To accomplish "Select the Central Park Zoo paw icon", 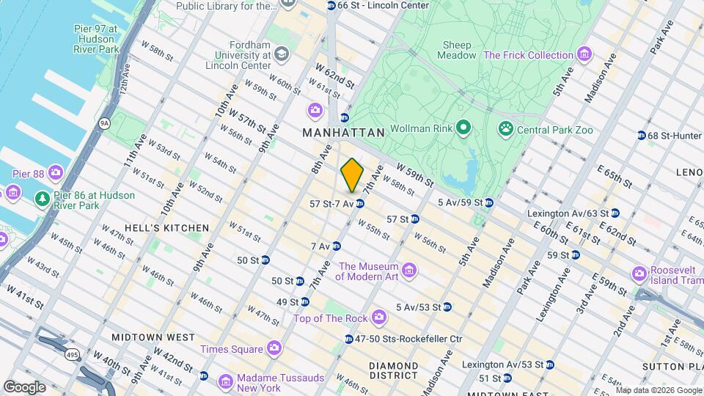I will coord(505,131).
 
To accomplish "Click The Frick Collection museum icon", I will coord(584,55).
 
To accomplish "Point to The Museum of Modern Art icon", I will coord(409,271).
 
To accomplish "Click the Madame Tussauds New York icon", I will coord(224,378).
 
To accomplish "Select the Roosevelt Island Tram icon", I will coord(639,274).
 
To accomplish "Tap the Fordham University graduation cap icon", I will coord(282,55).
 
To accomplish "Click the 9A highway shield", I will coord(106,123).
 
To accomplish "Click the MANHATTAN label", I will coord(343,133).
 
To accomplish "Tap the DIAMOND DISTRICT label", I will coord(393,370).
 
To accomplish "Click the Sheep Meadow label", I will coord(457,50).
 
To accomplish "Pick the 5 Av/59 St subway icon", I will coord(488,202).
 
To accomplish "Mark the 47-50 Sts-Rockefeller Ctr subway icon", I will coord(349,339).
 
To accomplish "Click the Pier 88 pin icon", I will coord(56,174).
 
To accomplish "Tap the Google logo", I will coord(24,386).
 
